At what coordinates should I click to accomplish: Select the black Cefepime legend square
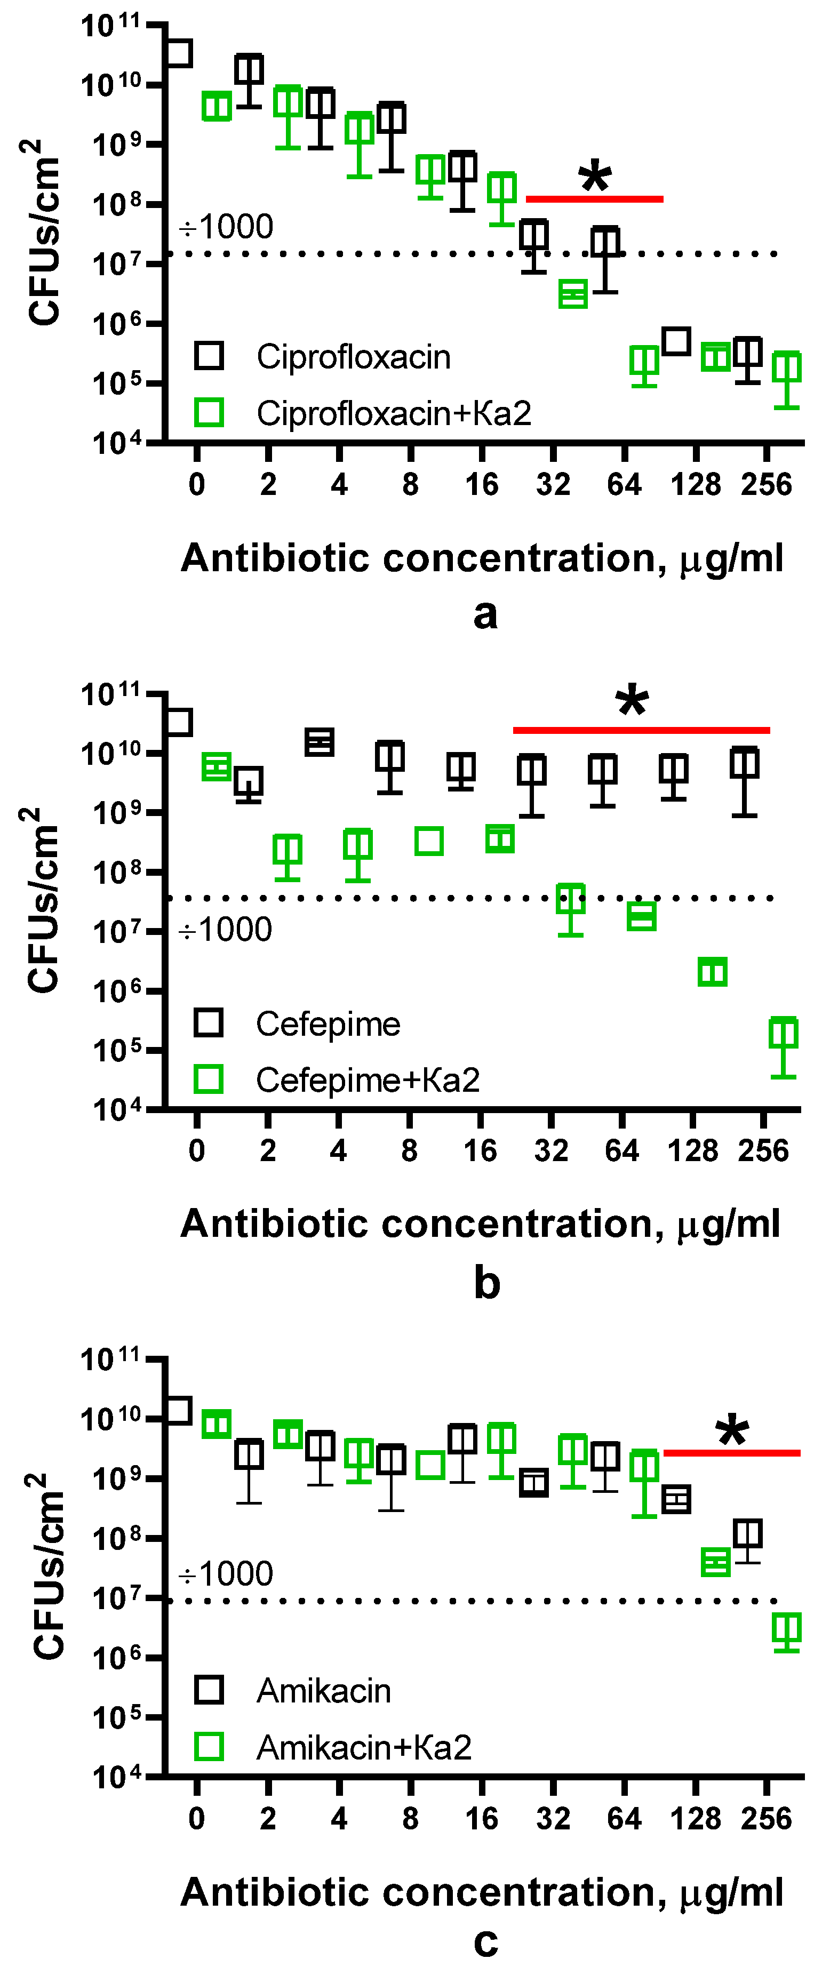click(209, 1022)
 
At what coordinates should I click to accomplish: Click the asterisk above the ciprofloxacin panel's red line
click(595, 177)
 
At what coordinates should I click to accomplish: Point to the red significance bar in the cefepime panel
click(641, 730)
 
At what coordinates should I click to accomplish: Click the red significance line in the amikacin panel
click(731, 1452)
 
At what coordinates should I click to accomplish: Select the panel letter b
click(486, 1283)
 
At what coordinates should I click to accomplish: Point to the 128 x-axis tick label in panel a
click(695, 484)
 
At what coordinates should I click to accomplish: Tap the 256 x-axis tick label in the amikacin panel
click(765, 1818)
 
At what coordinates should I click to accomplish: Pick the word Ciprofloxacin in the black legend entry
click(353, 357)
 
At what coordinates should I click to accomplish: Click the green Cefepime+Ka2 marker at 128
click(713, 972)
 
